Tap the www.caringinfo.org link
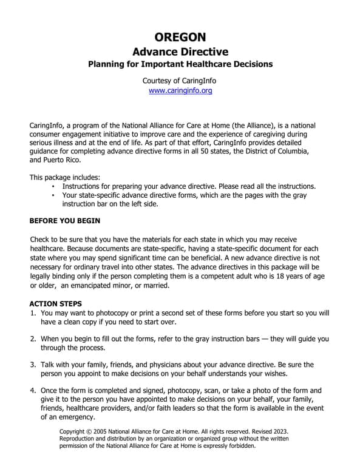[x=180, y=90]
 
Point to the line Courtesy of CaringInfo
[x=180, y=80]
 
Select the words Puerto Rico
[x=61, y=160]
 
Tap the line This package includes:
[x=65, y=177]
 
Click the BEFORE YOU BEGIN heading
[x=65, y=221]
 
